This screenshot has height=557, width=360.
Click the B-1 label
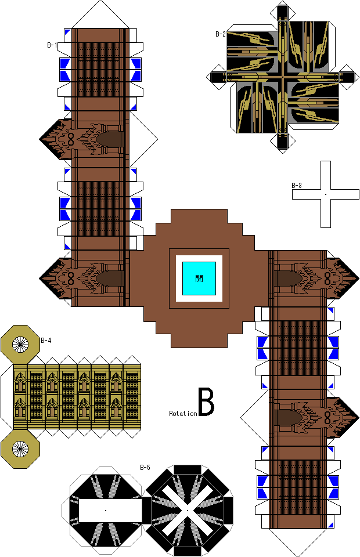click(x=52, y=45)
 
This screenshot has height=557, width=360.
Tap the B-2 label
click(x=220, y=34)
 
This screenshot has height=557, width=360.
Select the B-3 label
click(x=296, y=186)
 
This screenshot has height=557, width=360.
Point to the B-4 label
click(x=46, y=341)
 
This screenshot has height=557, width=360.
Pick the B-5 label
click(x=145, y=467)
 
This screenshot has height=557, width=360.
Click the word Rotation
click(x=183, y=414)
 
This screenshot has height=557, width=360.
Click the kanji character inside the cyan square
click(x=199, y=278)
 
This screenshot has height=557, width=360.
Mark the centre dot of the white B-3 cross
click(x=325, y=194)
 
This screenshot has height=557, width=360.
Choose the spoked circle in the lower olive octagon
click(x=21, y=448)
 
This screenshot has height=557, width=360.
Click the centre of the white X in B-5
click(x=188, y=511)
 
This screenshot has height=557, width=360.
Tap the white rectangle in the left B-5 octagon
click(x=105, y=511)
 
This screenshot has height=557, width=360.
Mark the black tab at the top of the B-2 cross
click(x=283, y=11)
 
